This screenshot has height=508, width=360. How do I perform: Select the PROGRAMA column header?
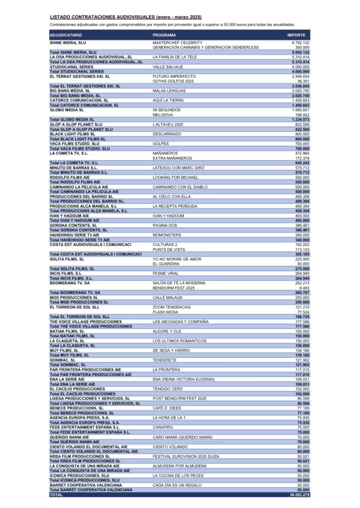(164, 35)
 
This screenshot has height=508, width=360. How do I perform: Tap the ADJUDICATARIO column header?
(66, 35)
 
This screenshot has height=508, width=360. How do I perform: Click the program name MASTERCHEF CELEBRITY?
(177, 43)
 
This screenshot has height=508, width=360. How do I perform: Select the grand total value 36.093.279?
(299, 495)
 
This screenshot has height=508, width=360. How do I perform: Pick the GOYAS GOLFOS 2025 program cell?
(173, 81)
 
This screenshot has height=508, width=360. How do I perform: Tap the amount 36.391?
(303, 81)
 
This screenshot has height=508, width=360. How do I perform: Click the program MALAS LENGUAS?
(169, 91)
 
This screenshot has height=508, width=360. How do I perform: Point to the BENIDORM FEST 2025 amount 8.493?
(304, 287)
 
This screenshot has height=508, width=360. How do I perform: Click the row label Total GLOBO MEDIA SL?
(72, 120)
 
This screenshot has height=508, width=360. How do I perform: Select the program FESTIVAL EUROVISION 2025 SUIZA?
(186, 456)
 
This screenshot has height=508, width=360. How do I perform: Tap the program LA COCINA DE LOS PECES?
(178, 475)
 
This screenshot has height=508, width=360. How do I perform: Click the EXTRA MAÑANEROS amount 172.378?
(301, 158)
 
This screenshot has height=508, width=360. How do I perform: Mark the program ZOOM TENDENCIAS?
(172, 307)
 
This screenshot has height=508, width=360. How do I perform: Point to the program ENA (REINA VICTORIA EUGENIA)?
(184, 379)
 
